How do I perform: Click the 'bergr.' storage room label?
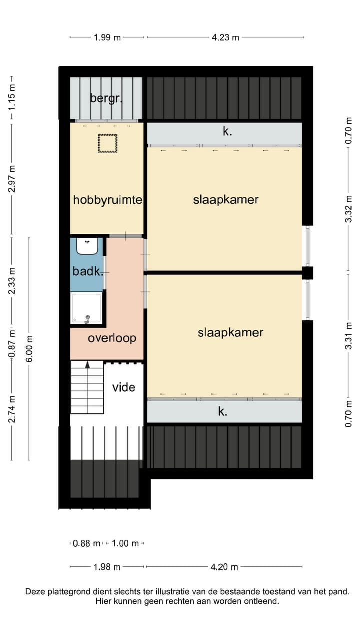106,98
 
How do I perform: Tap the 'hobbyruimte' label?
108,200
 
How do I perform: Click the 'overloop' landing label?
112,338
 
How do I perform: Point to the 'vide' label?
123,387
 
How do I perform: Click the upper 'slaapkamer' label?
226,200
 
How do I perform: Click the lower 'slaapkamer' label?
230,333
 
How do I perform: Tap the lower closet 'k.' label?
223,412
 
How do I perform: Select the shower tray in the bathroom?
87,308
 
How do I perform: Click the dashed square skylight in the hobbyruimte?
107,143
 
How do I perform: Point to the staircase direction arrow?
88,365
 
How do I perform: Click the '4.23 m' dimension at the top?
225,37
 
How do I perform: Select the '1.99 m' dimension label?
107,37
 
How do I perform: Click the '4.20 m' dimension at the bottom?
224,567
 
